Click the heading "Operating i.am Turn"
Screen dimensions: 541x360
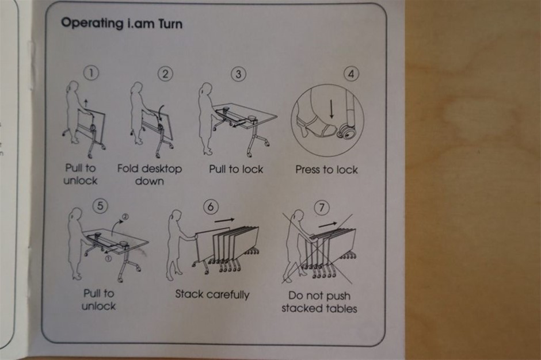[x=121, y=24]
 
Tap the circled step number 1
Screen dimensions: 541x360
[x=91, y=73]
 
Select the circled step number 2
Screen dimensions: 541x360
[x=165, y=74]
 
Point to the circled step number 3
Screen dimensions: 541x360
[x=238, y=74]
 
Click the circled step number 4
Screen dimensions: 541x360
[x=351, y=74]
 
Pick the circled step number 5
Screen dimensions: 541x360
[x=100, y=205]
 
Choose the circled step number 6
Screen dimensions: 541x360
[x=211, y=206]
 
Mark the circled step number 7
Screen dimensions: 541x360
[x=322, y=208]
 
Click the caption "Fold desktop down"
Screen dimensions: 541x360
[x=150, y=174]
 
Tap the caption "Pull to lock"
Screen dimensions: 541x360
[x=236, y=169]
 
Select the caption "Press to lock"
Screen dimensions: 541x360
[x=326, y=169]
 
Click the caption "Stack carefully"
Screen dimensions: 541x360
[x=212, y=294]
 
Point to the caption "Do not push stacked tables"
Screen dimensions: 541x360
[x=319, y=302]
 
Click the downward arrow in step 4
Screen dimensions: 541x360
[x=332, y=108]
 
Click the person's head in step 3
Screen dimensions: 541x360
[x=207, y=89]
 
